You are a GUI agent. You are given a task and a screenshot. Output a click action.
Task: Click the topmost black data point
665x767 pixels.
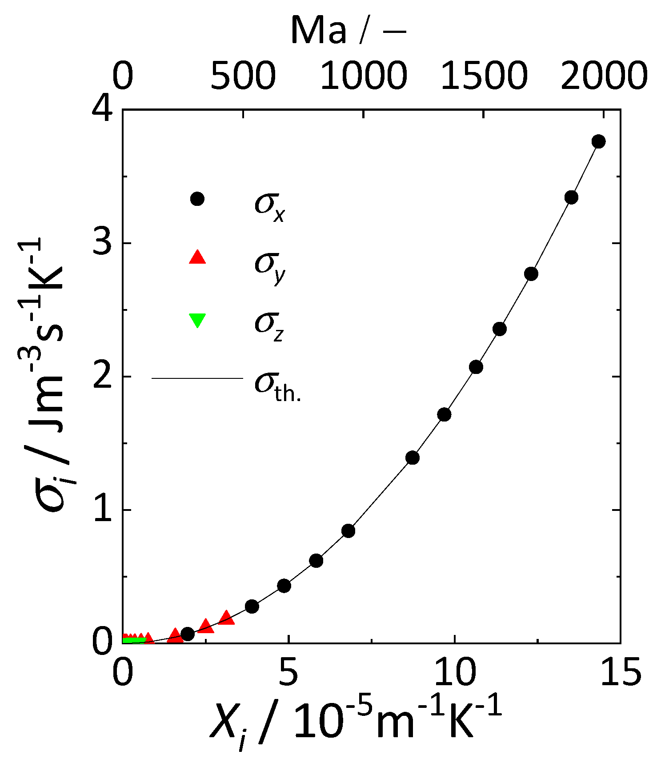[x=598, y=141]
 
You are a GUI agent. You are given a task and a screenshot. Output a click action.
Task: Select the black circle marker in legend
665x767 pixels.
[x=197, y=199]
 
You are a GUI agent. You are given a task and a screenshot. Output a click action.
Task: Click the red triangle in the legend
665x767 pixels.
[x=197, y=257]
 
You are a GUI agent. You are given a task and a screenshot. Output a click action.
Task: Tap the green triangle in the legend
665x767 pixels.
[x=197, y=320]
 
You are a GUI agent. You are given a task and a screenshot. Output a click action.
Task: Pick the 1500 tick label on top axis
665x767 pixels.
[x=484, y=76]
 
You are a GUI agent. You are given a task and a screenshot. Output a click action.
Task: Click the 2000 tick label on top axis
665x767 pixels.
[x=603, y=76]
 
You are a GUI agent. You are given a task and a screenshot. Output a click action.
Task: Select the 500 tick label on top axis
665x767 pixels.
[x=243, y=76]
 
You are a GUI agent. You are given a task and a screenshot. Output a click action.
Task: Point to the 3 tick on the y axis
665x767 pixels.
[x=103, y=243]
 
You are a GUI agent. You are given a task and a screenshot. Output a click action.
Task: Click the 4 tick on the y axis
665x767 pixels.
[x=103, y=110]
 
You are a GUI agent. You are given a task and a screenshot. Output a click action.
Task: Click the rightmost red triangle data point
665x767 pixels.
[x=226, y=617]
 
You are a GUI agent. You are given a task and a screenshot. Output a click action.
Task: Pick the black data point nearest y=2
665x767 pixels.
[x=476, y=367]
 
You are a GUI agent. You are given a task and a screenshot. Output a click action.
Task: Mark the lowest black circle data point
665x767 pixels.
[x=188, y=634]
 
